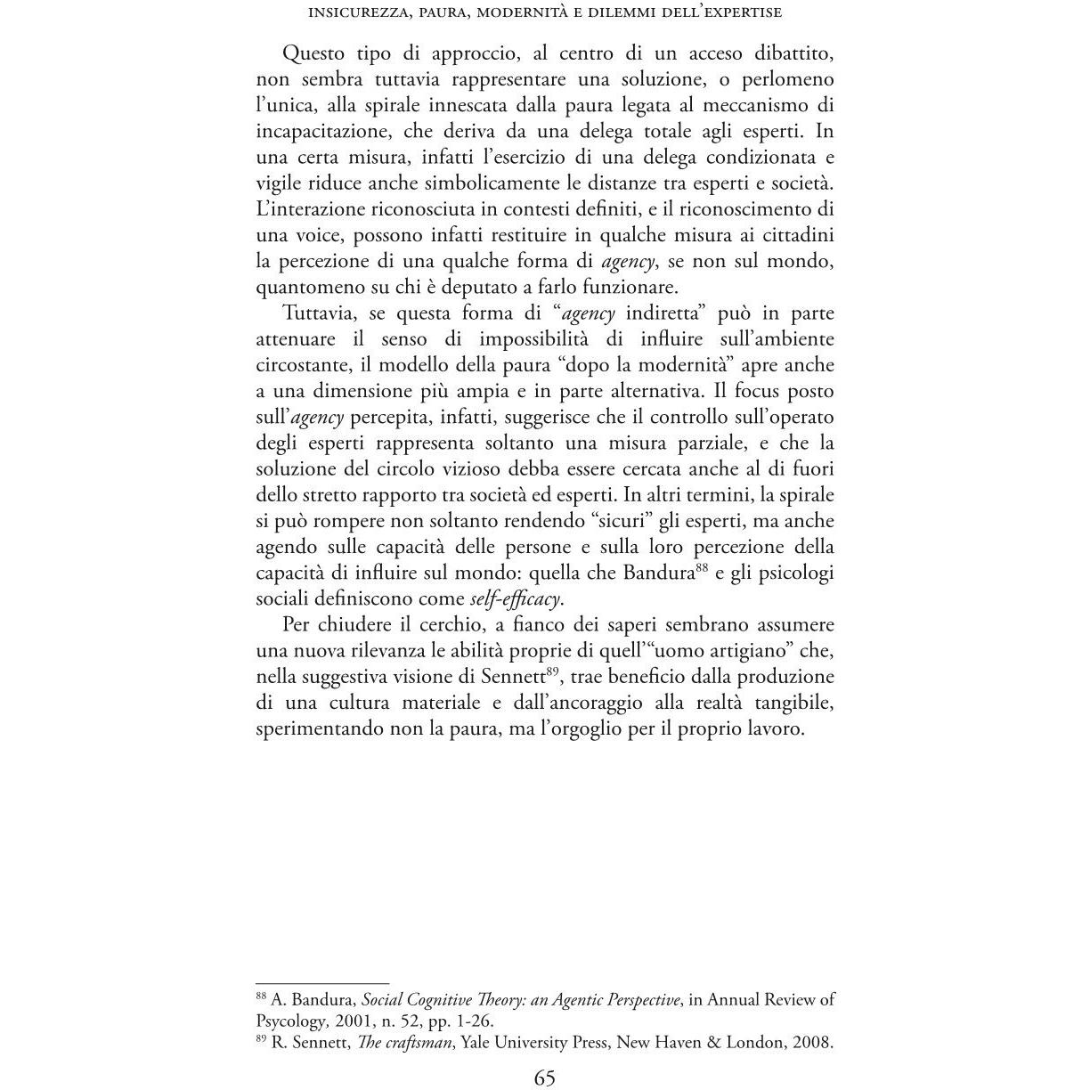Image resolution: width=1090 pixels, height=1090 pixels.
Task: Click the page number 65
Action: (x=544, y=1078)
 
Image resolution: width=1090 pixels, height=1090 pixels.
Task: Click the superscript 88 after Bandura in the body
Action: (x=701, y=566)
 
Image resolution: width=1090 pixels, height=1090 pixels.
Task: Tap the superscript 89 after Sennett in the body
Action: (x=552, y=671)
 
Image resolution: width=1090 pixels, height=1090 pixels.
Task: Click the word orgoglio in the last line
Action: (x=581, y=728)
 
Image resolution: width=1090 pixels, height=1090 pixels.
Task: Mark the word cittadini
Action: (x=793, y=235)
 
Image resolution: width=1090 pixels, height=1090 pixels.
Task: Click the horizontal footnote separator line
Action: (x=322, y=983)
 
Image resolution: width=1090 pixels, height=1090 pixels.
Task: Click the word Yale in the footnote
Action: (x=480, y=1042)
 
